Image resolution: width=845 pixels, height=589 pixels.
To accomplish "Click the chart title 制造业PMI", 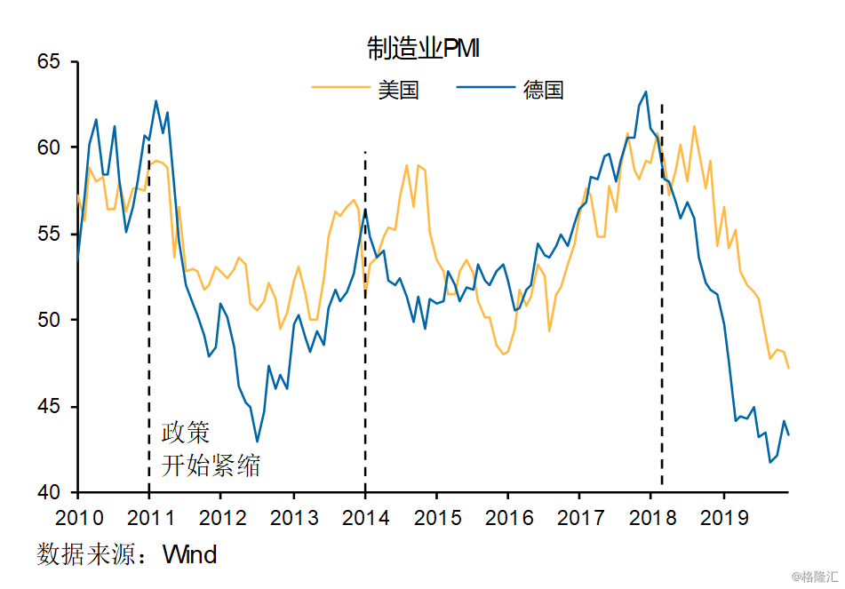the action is pos(423,48).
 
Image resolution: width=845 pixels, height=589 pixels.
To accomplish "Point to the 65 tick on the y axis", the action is pos(49,61).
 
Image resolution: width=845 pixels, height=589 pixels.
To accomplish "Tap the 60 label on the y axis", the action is pos(49,147).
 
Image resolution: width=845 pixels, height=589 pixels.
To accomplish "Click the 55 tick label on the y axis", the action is pos(49,234).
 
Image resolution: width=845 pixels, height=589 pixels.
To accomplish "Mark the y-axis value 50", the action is pos(49,320).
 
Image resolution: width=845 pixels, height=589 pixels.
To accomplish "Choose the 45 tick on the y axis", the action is pos(49,406).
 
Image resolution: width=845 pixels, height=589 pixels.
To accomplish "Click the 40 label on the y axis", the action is pos(49,492).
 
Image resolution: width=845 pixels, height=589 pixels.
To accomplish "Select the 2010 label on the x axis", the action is pos(79,518).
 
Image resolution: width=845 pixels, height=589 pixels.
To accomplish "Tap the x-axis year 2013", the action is pos(294,518).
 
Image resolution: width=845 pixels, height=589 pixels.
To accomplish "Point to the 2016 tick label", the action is pos(509,518).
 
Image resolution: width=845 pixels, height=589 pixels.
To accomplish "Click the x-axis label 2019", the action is pos(724,518).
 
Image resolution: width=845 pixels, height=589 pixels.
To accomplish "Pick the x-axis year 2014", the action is pos(365,518).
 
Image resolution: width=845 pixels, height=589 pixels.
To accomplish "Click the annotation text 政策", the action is pos(186,433).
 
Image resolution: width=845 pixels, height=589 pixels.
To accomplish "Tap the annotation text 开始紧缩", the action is pos(211,465).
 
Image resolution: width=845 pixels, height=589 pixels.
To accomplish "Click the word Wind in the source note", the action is pos(189,554).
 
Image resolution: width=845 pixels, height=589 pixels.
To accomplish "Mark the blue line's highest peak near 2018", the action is pos(646,92).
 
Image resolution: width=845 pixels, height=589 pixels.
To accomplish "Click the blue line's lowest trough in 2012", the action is pos(257,442).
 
